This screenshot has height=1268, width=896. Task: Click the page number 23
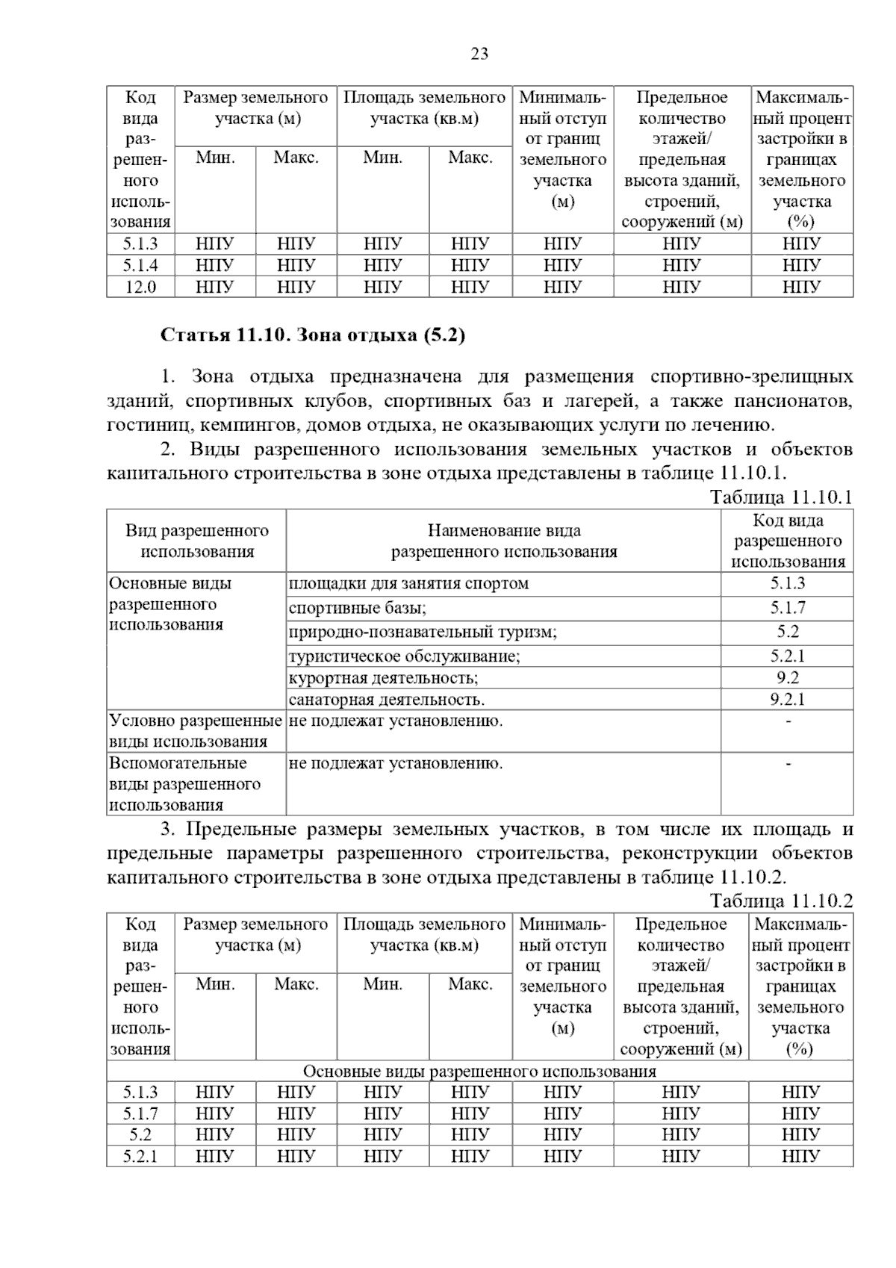479,54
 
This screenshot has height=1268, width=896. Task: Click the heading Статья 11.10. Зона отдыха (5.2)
313,335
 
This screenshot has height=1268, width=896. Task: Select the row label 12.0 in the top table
140,287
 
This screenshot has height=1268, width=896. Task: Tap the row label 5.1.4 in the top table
140,265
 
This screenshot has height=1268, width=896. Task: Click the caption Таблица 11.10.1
780,497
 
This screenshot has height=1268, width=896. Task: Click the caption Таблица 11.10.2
780,901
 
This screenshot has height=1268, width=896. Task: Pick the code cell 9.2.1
787,700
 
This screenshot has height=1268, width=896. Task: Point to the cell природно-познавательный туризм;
423,633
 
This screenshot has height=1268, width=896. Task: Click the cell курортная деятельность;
383,678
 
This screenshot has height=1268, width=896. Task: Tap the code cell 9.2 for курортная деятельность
787,678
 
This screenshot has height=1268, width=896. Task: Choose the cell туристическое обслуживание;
404,656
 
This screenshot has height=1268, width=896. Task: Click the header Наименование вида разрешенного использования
504,541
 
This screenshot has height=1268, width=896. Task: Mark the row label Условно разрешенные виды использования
196,731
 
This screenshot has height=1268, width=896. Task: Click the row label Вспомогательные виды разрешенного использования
185,784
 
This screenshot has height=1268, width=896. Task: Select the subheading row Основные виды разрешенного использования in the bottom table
479,1072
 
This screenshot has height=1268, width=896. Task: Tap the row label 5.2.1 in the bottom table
140,1156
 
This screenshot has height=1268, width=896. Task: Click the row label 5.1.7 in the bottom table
140,1113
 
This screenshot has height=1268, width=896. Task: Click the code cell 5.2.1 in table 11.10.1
787,656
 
